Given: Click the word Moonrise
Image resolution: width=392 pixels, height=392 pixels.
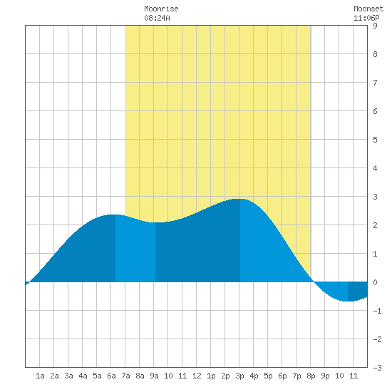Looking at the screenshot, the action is pyautogui.click(x=161, y=9).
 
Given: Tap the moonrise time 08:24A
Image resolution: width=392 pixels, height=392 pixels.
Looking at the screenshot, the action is pyautogui.click(x=157, y=18).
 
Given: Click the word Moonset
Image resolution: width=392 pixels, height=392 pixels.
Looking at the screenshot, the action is pyautogui.click(x=368, y=9).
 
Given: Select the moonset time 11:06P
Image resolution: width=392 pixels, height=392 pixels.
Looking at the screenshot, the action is pyautogui.click(x=366, y=18).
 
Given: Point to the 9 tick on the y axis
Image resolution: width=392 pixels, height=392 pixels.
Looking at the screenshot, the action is pyautogui.click(x=375, y=26).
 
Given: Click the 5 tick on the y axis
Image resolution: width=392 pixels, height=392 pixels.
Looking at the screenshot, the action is pyautogui.click(x=375, y=140).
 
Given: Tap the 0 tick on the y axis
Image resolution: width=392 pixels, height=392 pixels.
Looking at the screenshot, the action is pyautogui.click(x=375, y=282).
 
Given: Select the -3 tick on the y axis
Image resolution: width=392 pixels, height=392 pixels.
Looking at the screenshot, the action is pyautogui.click(x=377, y=368).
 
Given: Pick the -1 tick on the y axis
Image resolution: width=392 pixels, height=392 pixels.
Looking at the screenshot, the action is pyautogui.click(x=377, y=311).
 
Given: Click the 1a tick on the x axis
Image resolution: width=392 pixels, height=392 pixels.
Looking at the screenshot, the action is pyautogui.click(x=40, y=376).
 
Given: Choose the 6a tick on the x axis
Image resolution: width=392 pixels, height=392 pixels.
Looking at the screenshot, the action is pyautogui.click(x=111, y=376).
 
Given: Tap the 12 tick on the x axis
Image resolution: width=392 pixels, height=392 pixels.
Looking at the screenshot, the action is pyautogui.click(x=197, y=376).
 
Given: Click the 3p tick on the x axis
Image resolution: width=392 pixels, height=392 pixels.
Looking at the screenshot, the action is pyautogui.click(x=239, y=376).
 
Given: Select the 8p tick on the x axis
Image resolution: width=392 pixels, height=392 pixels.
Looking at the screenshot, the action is pyautogui.click(x=311, y=376).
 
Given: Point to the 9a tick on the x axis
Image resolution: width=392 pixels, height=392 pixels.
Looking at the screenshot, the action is pyautogui.click(x=154, y=376).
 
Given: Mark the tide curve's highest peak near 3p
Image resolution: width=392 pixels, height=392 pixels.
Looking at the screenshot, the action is pyautogui.click(x=240, y=199).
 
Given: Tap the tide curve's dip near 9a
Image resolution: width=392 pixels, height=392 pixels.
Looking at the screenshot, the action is pyautogui.click(x=155, y=222).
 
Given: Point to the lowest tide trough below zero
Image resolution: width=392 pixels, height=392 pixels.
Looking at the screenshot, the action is pyautogui.click(x=348, y=301).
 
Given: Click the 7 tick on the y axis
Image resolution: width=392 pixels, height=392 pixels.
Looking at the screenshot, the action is pyautogui.click(x=375, y=83).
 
